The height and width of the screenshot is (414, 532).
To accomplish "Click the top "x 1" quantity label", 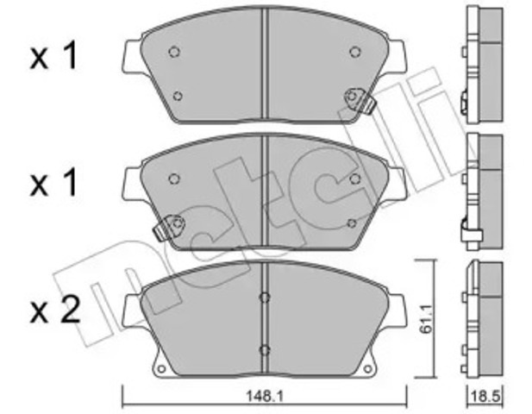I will [53, 58].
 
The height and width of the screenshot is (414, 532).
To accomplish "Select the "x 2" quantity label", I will [53, 308].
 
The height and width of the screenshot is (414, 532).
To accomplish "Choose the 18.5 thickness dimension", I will [485, 398].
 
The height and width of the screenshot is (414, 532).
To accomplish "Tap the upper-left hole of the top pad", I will [174, 52].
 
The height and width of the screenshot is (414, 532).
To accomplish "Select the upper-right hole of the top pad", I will [354, 52].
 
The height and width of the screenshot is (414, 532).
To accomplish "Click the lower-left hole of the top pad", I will [178, 96].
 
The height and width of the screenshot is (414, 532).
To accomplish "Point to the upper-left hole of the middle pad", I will [174, 179].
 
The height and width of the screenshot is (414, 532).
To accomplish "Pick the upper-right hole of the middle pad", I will [354, 179].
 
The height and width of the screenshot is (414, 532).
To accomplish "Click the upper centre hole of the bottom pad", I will [265, 299].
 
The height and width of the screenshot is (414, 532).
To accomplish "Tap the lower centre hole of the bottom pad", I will [265, 349].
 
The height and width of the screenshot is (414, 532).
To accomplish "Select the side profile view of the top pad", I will [483, 65].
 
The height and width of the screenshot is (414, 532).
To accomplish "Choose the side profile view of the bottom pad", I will [483, 319].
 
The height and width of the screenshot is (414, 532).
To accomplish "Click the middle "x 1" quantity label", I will [53, 183].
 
